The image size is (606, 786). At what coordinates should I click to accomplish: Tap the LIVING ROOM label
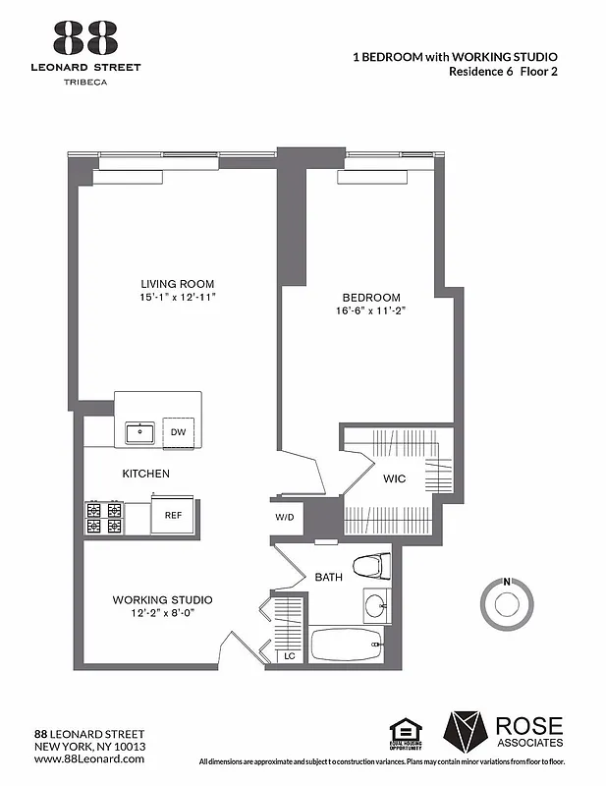tap(177, 284)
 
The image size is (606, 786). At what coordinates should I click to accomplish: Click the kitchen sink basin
tap(141, 431)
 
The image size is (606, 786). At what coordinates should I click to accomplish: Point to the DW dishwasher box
tap(178, 431)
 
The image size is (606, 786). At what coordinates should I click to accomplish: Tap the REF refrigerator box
tap(173, 514)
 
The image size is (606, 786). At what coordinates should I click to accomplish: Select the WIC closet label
tap(395, 479)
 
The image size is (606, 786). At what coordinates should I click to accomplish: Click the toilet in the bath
tap(372, 567)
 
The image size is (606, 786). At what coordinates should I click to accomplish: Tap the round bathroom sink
tap(375, 604)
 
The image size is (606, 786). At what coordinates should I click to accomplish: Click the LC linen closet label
tap(290, 655)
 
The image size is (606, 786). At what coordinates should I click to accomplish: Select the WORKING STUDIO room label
tap(162, 599)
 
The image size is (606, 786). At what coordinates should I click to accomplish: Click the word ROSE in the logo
tap(530, 726)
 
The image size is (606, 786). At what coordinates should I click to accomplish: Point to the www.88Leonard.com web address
tap(89, 760)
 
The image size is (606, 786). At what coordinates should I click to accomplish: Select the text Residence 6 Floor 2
tap(503, 71)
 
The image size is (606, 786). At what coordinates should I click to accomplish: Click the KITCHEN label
tap(145, 474)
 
